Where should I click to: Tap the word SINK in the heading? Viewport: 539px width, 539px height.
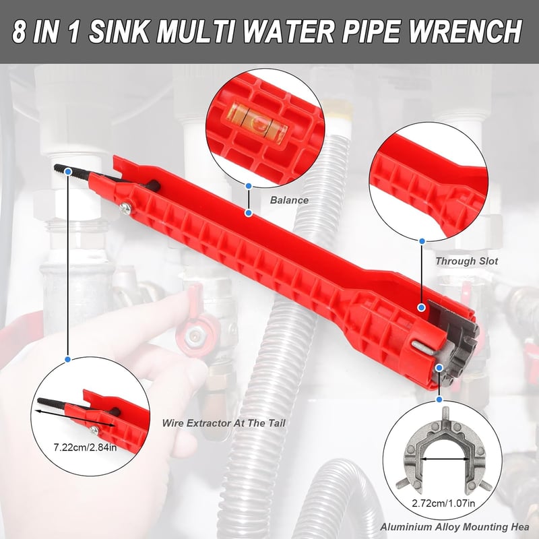[x=119, y=31]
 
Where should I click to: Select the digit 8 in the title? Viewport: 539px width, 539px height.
[x=20, y=32]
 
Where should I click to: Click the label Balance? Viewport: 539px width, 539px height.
[x=289, y=200]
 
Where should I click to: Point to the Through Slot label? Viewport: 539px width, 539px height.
[x=466, y=261]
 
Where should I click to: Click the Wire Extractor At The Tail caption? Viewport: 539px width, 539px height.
[x=224, y=423]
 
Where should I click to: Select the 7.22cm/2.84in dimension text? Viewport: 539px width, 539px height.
[x=86, y=447]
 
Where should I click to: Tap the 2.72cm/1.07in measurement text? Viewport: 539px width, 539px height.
[x=443, y=503]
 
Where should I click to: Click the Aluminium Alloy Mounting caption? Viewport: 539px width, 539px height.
[x=454, y=527]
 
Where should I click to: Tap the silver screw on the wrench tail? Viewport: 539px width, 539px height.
[x=125, y=208]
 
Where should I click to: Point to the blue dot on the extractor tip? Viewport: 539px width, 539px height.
[x=68, y=171]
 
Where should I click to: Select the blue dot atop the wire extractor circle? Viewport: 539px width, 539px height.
[x=68, y=359]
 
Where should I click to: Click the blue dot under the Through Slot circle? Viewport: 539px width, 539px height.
[x=422, y=241]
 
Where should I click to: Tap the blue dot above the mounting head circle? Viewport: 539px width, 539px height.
[x=439, y=400]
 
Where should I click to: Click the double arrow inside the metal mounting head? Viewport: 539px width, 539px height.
[x=444, y=459]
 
